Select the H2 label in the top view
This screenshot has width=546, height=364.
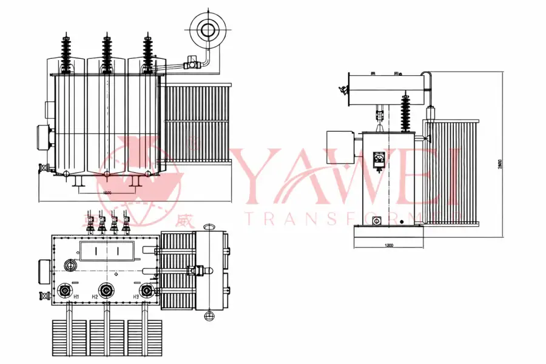coord(95,297)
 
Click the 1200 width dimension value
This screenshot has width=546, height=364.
coord(389,246)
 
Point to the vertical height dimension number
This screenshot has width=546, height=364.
coord(499,164)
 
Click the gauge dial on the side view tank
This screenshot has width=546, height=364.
coord(379,160)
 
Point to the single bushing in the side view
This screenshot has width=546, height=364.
coord(405,112)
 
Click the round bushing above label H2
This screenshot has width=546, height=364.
coord(107,291)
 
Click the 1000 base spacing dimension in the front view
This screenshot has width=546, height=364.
coord(107,192)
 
